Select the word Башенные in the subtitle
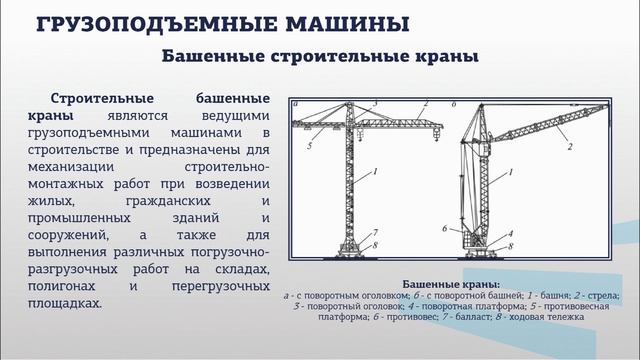(x=209, y=58)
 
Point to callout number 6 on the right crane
(x=443, y=229)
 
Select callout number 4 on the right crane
(x=510, y=234)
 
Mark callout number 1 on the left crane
(x=374, y=173)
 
